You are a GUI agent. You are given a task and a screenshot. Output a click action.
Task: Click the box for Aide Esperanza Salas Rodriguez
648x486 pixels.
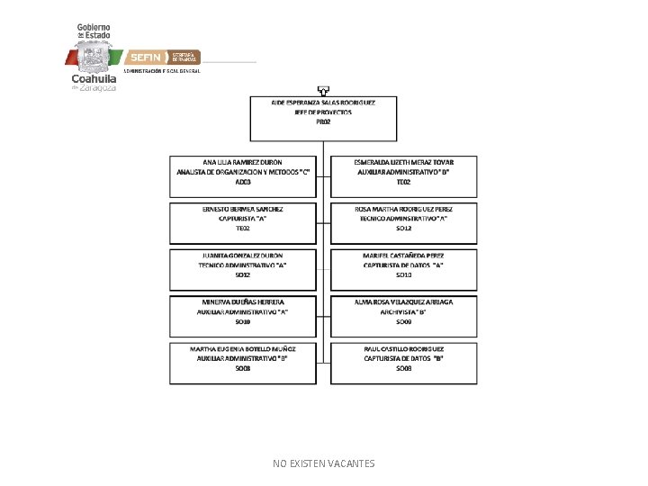point(324,118)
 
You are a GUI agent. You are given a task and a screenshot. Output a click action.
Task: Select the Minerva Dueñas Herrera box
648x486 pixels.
point(243,315)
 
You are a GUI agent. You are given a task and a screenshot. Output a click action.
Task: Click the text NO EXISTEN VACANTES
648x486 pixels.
point(324,463)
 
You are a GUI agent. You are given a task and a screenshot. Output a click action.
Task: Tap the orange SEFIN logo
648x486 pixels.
point(145,56)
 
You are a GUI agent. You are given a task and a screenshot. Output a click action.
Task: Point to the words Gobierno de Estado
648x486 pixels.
point(94,31)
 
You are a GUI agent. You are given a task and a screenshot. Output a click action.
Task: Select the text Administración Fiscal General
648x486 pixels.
point(162,70)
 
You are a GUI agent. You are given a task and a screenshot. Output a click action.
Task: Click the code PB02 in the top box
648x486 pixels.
point(324,121)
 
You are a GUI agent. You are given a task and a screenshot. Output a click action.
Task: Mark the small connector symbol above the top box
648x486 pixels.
point(324,90)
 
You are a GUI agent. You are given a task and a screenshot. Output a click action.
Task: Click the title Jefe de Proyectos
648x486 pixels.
point(324,112)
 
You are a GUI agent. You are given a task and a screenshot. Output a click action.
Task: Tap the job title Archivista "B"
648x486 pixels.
point(403,311)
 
